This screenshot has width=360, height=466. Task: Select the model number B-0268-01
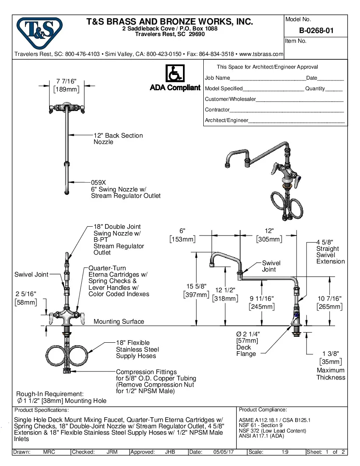[316, 31]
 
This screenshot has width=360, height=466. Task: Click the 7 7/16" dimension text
[66, 81]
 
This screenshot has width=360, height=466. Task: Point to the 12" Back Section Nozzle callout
[118, 139]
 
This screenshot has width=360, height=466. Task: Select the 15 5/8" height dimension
[197, 287]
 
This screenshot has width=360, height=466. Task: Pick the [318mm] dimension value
[224, 298]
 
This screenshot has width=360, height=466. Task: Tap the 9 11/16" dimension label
[261, 299]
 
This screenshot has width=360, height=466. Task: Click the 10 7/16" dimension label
[330, 299]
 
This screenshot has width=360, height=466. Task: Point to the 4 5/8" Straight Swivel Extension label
[330, 252]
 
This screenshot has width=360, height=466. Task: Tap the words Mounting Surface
[119, 322]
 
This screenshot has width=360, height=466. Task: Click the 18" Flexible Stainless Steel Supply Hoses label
[137, 349]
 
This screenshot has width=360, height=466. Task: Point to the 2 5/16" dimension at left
[26, 294]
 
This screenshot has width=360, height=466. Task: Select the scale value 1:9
[285, 452]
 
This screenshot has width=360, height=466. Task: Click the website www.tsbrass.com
[261, 54]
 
